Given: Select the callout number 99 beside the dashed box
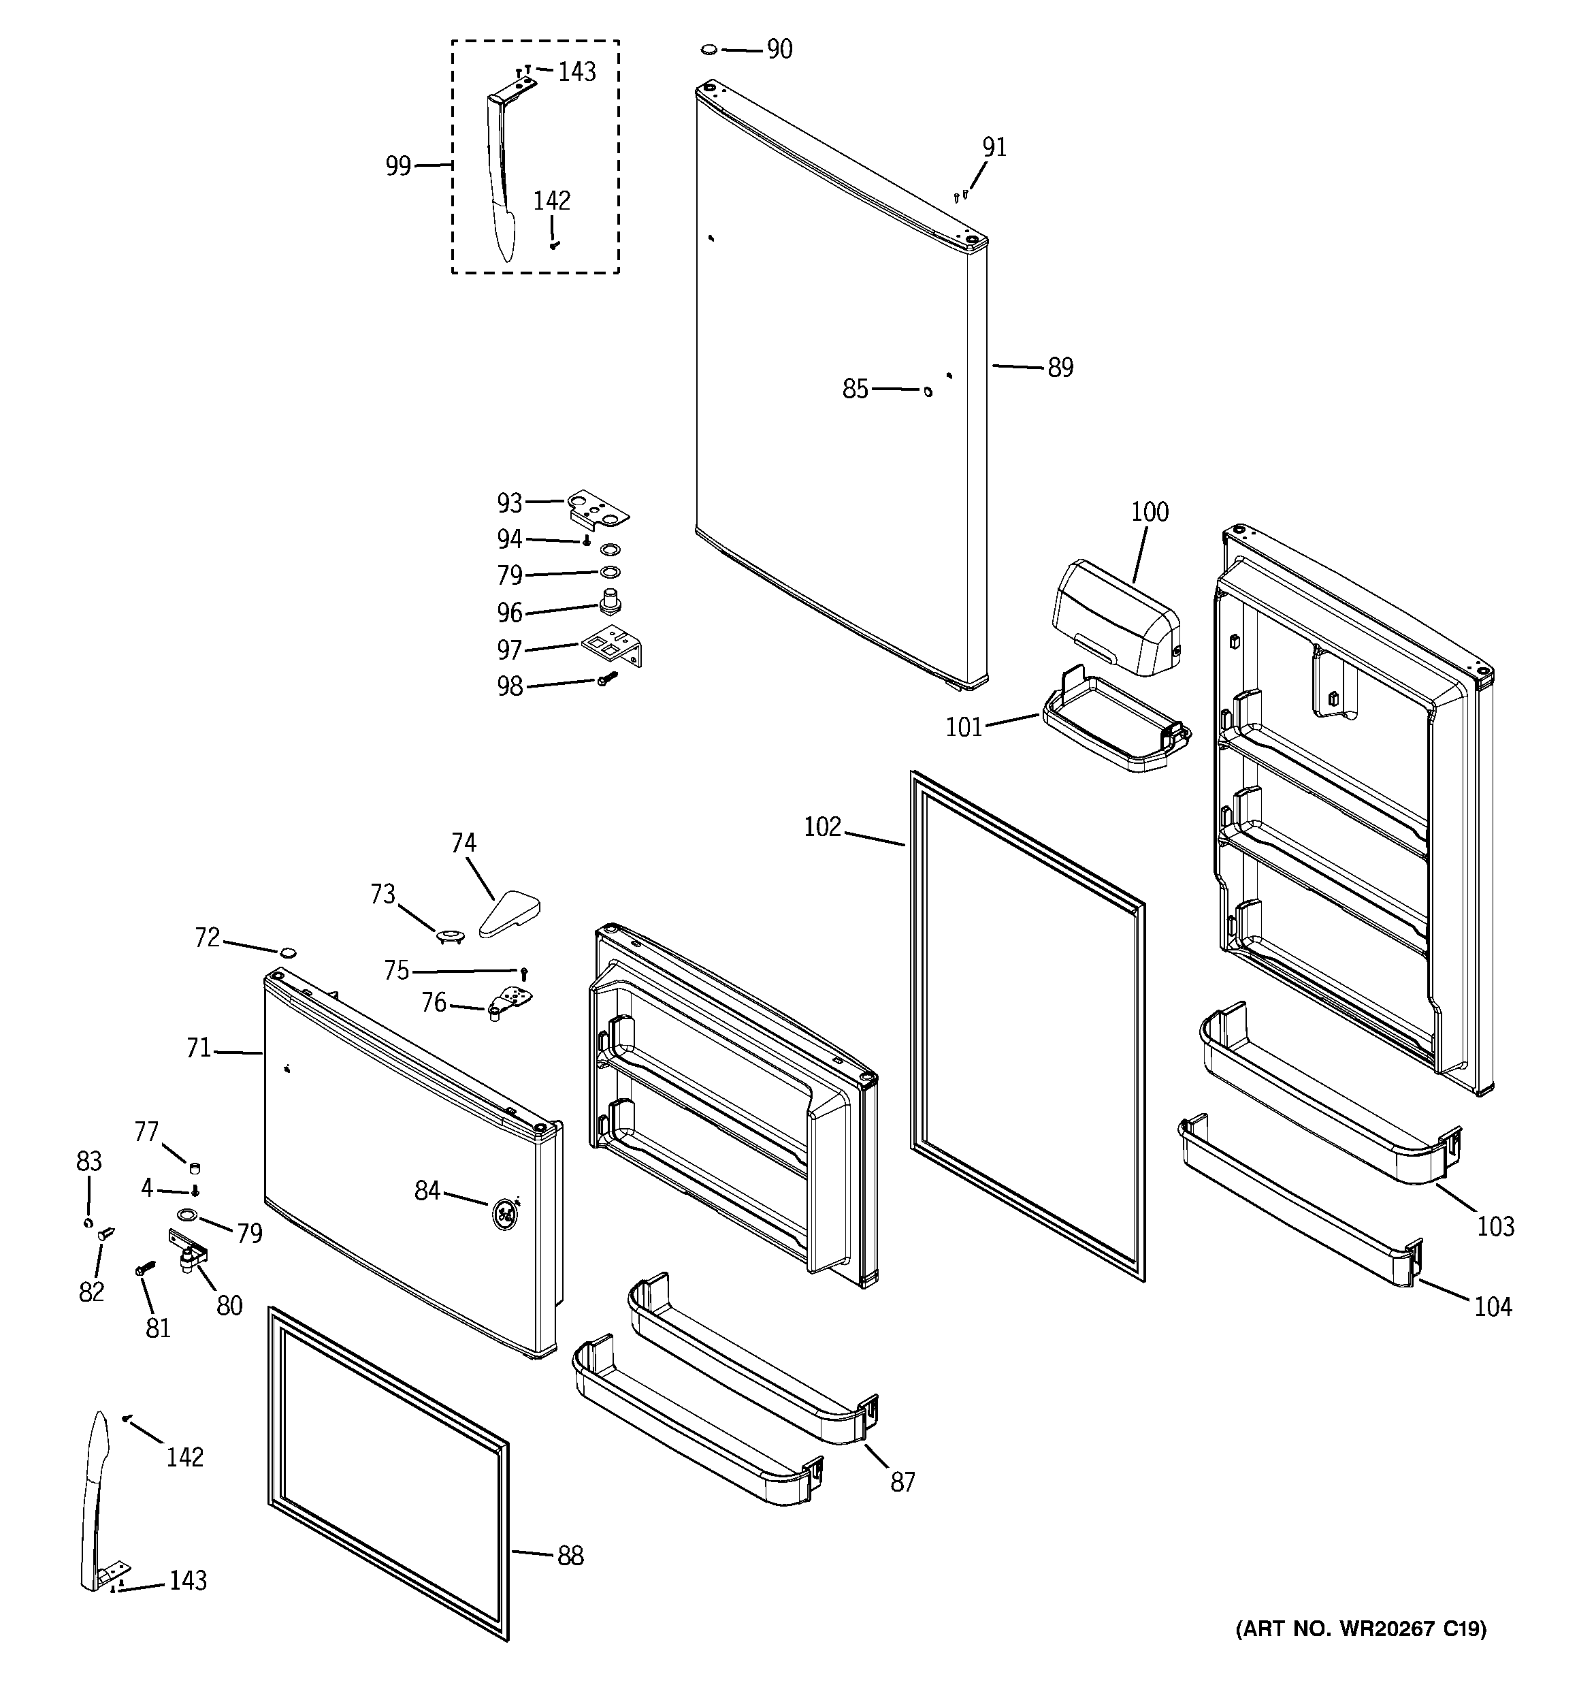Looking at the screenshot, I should [x=398, y=166].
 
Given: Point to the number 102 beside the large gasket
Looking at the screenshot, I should [x=822, y=827].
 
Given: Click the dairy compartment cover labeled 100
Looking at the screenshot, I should [x=1115, y=618].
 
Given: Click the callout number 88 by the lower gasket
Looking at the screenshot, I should [x=570, y=1556].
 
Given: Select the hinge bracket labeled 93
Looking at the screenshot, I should [x=598, y=509].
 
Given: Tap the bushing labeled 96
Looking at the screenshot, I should [x=609, y=602].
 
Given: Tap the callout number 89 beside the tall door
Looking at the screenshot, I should [x=1060, y=368].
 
